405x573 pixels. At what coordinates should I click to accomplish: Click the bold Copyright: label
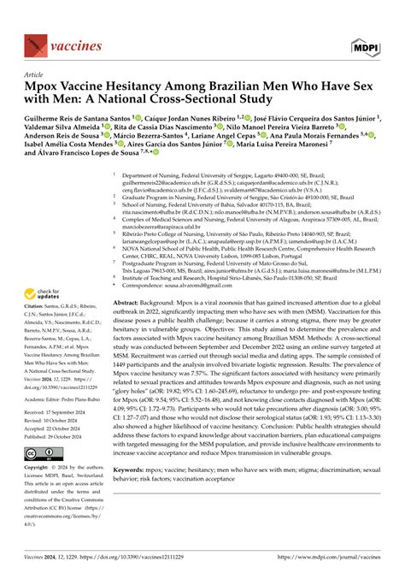[x=41, y=469]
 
